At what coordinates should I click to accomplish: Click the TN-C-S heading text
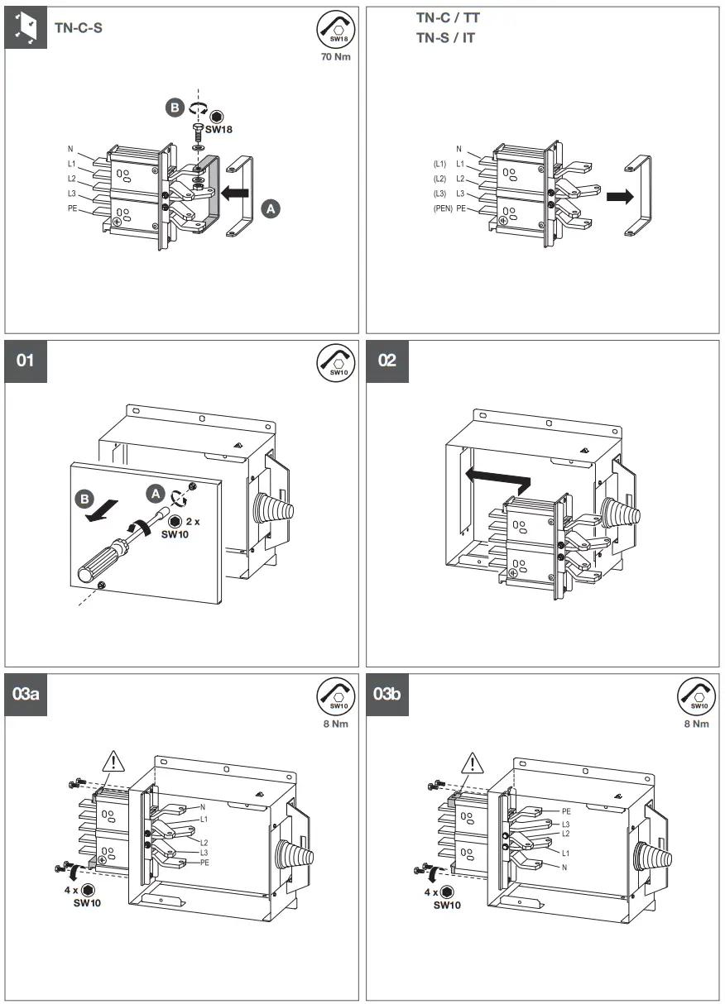tap(79, 27)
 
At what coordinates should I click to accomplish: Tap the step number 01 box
tap(26, 361)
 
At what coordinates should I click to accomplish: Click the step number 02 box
tap(387, 361)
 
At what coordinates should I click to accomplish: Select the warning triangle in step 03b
tap(473, 763)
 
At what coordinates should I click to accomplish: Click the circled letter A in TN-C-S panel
tap(269, 209)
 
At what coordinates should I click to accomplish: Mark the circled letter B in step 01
tap(84, 500)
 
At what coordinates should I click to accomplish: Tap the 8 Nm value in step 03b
tap(696, 724)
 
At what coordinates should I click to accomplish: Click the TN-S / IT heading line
tap(445, 38)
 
